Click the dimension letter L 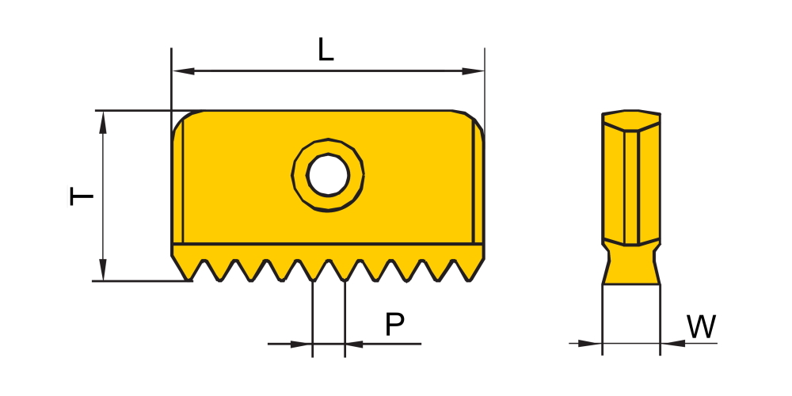326,50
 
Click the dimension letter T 81,196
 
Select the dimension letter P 394,324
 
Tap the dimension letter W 701,326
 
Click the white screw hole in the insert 329,175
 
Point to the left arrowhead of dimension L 184,71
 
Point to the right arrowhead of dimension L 473,71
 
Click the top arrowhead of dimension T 103,122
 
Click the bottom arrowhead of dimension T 103,270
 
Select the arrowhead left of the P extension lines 301,344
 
